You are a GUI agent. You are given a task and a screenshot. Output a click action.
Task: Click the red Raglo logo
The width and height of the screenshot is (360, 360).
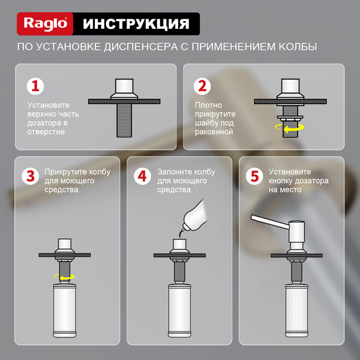(x=45, y=24)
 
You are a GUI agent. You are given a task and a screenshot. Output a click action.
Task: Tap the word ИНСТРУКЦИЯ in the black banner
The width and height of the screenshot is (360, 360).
(x=136, y=24)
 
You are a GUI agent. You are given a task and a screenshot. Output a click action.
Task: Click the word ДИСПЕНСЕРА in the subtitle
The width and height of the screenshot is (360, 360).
(x=141, y=47)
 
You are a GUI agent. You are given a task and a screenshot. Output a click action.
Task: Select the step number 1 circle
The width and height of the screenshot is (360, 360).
(x=35, y=86)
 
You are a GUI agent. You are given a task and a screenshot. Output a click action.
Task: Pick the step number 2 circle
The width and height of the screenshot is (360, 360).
(x=202, y=86)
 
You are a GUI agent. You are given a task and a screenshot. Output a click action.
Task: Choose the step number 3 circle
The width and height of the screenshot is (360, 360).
(x=31, y=176)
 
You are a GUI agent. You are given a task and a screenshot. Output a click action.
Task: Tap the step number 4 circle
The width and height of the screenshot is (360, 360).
(x=142, y=176)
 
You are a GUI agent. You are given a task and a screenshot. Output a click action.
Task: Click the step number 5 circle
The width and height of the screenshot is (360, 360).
(x=254, y=176)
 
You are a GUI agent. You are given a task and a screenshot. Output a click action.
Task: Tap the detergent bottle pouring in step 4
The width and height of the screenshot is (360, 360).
(x=194, y=216)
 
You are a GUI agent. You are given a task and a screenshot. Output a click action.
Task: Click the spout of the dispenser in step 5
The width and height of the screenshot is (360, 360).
(x=269, y=221)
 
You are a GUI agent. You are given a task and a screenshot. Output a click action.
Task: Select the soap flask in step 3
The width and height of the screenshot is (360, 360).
(x=65, y=310)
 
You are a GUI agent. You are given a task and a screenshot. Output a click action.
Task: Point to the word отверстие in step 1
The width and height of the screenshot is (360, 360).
(x=46, y=132)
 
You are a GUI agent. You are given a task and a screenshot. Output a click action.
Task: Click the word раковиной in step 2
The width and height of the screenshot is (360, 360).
(x=214, y=132)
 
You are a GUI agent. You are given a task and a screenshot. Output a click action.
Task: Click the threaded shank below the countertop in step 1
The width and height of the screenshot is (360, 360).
(x=124, y=121)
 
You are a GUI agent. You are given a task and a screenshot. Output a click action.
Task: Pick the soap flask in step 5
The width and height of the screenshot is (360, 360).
(x=296, y=310)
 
